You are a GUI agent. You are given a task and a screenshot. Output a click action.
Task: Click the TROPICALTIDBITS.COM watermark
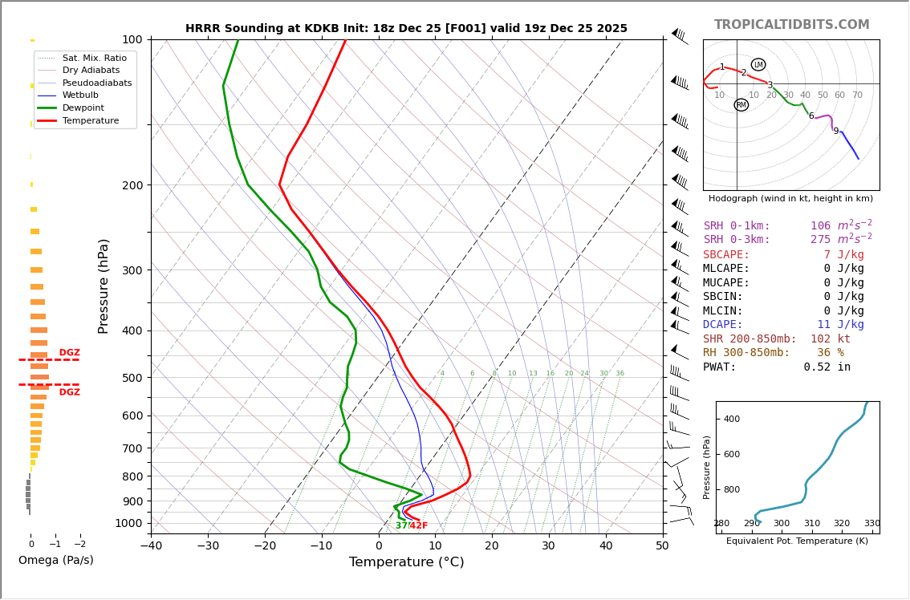click(x=791, y=25)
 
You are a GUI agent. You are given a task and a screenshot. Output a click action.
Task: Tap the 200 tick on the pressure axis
click(x=132, y=185)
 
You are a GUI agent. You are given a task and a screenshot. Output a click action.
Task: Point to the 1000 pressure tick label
click(x=128, y=523)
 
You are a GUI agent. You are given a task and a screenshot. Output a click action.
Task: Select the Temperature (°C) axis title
click(x=406, y=563)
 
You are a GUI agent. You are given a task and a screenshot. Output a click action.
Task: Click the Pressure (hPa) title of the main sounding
click(x=104, y=286)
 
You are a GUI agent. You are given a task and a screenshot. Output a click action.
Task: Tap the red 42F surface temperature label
click(x=419, y=526)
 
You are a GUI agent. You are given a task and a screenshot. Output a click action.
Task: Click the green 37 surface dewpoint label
click(x=401, y=526)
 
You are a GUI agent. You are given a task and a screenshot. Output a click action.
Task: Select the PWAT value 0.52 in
click(x=827, y=367)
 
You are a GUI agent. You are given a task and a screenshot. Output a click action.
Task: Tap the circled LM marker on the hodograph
click(x=758, y=65)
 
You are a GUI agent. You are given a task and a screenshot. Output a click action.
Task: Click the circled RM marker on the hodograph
click(x=741, y=105)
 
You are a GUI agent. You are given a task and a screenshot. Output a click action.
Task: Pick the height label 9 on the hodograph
click(x=835, y=132)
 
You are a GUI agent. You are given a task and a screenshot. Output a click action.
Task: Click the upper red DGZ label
click(x=70, y=353)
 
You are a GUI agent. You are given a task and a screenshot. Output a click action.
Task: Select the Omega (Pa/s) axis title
click(x=55, y=561)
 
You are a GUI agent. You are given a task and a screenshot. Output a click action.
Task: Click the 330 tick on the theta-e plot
click(x=871, y=524)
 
